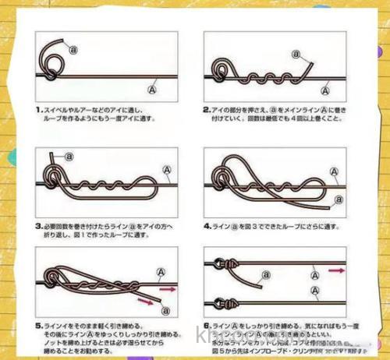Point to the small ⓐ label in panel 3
click(69, 156)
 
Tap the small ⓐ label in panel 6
click(264, 274)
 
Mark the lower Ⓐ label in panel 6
click(314, 290)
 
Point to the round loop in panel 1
click(54, 56)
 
